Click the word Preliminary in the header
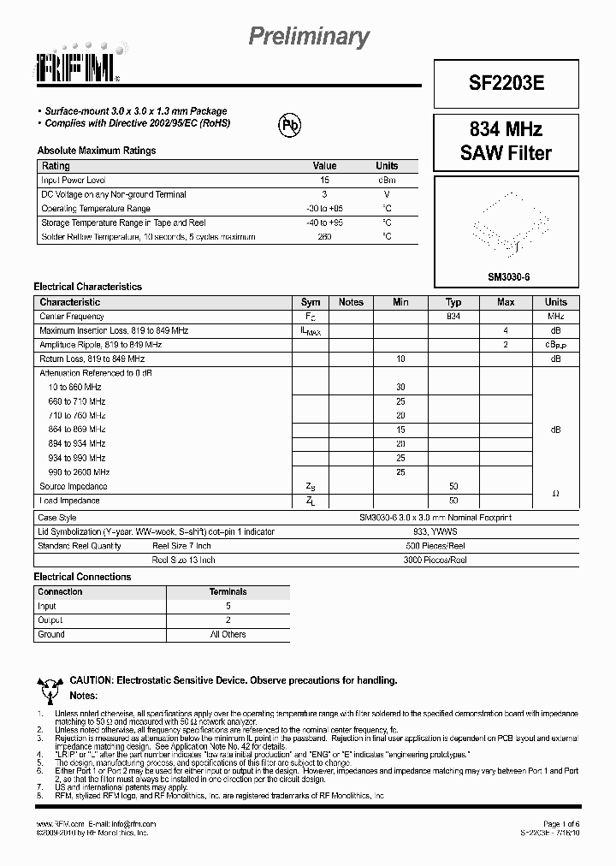308,37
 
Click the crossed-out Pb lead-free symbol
291,126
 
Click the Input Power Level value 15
324,181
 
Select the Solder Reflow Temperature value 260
324,236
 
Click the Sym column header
311,302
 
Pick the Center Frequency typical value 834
453,317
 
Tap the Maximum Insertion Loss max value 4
506,330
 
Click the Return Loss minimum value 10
400,359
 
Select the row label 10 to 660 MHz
76,388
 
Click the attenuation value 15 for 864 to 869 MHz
400,430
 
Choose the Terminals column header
228,591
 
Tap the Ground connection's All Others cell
228,634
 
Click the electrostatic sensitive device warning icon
50,687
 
